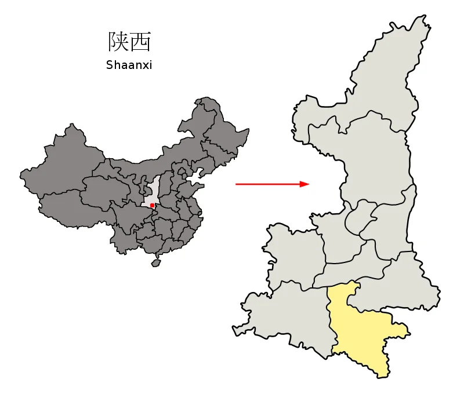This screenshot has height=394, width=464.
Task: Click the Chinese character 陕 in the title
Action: point(118,42)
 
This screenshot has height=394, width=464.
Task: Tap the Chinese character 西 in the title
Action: point(141,42)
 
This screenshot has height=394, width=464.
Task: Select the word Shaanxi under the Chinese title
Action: point(129,65)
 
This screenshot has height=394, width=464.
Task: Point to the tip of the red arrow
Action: point(308,184)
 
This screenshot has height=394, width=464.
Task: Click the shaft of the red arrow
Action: point(267,184)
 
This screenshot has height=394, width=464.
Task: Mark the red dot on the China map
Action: point(152,205)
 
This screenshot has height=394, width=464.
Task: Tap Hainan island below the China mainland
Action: point(155,262)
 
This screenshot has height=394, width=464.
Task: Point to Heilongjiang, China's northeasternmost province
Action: point(223,125)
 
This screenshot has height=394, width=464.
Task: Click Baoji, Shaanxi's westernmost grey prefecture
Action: point(293,255)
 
